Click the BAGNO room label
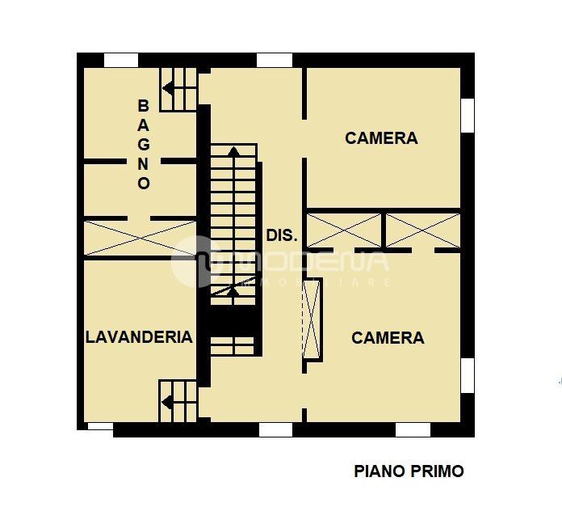144,144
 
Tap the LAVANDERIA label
139,337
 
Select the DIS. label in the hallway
282,236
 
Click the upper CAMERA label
381,138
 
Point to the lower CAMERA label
388,338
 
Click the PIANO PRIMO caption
409,471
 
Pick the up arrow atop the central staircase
233,150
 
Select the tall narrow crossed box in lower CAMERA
312,318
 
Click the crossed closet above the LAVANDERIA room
140,239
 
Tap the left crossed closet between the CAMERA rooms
344,230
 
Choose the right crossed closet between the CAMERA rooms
421,230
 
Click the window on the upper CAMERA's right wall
467,114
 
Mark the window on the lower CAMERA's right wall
467,375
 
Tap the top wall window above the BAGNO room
121,60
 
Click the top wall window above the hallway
274,60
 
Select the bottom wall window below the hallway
275,429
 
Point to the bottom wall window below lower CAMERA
413,429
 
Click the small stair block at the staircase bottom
233,345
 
